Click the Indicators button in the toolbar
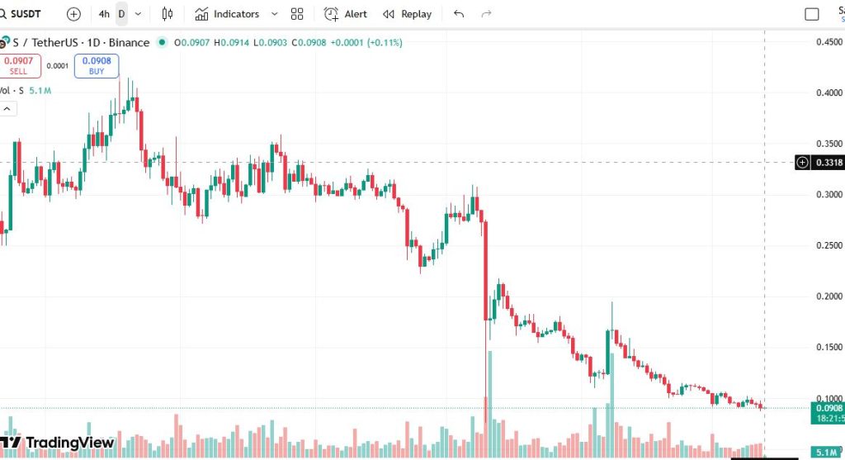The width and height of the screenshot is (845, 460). coord(227,14)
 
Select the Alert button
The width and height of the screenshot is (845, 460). coord(346,14)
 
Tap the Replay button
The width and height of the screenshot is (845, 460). coord(407,14)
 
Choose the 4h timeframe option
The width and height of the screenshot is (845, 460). coord(103,14)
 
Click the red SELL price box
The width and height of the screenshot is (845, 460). coord(19,66)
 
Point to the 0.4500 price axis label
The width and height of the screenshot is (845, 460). coord(828,42)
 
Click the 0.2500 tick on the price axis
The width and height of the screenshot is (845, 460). coord(828,245)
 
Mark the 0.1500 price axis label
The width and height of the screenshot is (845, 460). coord(828,347)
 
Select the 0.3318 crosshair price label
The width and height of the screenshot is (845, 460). coord(828,163)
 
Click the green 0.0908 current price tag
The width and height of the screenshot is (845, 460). coord(828,408)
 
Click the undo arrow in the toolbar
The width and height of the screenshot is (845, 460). coord(460,14)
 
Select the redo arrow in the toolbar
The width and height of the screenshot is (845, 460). coord(487,14)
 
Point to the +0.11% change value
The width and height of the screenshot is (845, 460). coord(385,42)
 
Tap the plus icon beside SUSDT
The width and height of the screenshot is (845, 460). coord(73,14)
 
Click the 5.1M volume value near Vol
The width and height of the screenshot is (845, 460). coord(40,91)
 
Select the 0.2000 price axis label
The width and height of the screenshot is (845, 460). coord(828,296)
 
